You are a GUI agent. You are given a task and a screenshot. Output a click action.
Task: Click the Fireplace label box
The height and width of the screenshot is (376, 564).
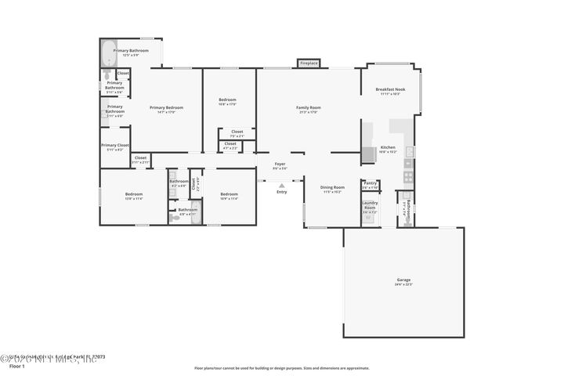309,63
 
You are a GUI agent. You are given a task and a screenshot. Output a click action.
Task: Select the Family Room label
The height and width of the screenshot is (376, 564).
309,109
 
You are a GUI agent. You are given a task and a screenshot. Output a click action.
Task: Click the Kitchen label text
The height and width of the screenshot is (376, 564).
388,149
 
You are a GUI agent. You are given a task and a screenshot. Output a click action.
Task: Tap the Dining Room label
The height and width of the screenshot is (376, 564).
333,189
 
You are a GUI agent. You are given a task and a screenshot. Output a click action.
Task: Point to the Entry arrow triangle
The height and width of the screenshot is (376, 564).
281,186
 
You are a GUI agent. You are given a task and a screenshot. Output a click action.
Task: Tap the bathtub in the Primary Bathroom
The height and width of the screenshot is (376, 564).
108,55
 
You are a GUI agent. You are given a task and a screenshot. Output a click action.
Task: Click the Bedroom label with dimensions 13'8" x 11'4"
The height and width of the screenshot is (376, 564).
134,196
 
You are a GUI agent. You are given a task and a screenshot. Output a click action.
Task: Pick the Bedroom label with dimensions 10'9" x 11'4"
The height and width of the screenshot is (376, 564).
229,196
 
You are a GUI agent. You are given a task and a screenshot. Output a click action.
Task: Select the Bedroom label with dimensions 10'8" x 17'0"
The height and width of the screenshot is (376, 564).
227,102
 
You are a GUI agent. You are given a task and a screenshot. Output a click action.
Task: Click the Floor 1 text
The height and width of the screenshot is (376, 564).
17,366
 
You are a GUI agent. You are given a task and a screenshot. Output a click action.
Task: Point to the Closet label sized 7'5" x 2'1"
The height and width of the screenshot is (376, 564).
237,133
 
